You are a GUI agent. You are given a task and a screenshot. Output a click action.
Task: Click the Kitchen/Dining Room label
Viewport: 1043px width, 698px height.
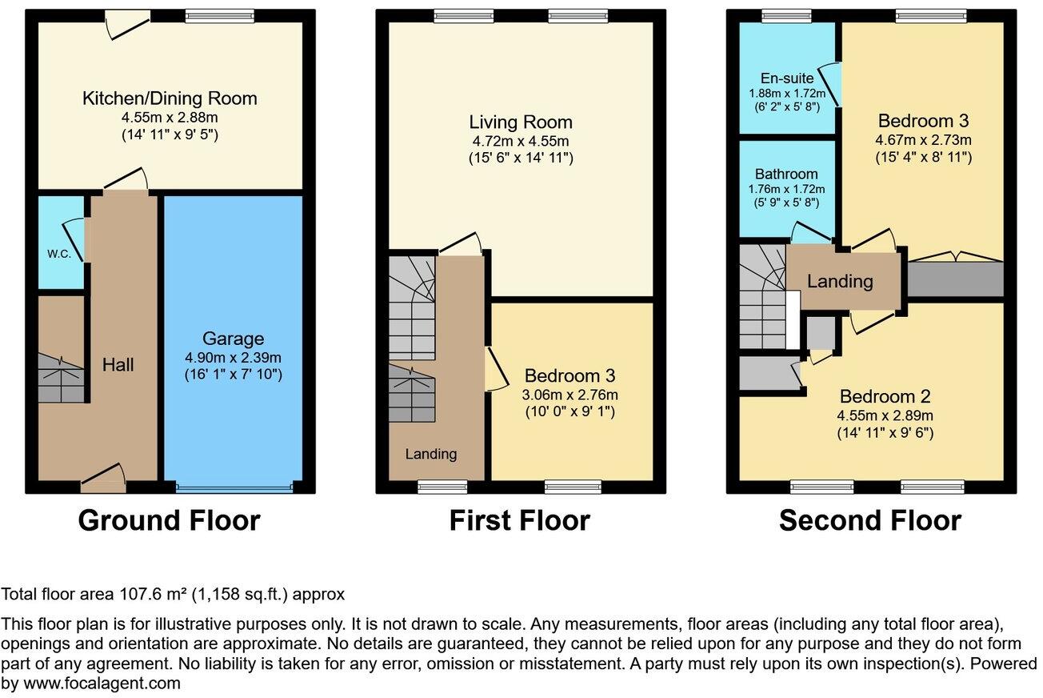[x=170, y=98]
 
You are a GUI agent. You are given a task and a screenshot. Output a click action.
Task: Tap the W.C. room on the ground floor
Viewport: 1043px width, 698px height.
[x=61, y=243]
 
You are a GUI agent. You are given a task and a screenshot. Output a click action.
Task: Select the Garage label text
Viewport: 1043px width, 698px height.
[x=234, y=339]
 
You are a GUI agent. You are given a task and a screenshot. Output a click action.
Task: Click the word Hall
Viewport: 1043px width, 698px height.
[x=118, y=364]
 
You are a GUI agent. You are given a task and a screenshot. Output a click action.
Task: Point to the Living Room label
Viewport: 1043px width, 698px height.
[x=521, y=122]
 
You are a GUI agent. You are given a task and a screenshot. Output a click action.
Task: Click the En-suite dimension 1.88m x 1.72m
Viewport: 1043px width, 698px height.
[x=787, y=93]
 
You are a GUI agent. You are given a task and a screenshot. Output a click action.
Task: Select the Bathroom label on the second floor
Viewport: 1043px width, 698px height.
[x=786, y=174]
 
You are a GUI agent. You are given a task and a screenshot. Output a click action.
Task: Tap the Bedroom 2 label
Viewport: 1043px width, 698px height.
[x=885, y=396]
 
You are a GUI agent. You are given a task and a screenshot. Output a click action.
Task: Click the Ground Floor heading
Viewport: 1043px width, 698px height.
[x=169, y=520]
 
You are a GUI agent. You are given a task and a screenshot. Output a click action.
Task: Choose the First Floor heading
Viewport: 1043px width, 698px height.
[x=520, y=520]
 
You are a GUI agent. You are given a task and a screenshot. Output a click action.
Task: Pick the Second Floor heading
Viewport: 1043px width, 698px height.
[x=870, y=520]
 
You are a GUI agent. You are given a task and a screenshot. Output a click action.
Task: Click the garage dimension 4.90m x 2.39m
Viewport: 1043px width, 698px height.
[x=234, y=357]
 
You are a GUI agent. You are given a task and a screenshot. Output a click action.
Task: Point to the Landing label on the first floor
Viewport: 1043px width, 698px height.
[x=430, y=453]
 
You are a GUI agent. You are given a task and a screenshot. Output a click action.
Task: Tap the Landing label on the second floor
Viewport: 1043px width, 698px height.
[x=840, y=281]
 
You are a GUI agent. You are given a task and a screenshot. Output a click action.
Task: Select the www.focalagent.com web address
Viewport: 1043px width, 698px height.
[x=102, y=684]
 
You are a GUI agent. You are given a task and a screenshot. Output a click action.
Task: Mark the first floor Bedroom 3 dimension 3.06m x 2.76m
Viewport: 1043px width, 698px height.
[x=570, y=395]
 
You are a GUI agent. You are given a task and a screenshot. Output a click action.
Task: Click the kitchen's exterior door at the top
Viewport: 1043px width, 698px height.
[x=127, y=24]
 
